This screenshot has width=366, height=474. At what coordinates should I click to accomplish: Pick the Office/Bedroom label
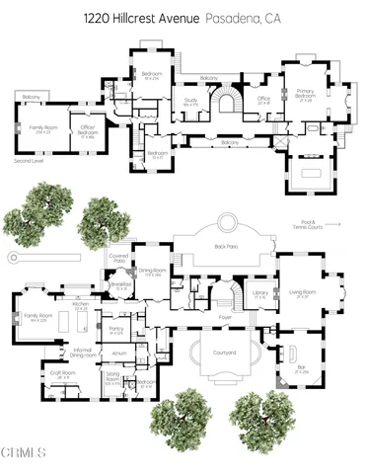[87, 130]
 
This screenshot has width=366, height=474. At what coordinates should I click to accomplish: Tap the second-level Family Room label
[41, 125]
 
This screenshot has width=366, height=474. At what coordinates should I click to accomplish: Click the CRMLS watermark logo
[24, 453]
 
